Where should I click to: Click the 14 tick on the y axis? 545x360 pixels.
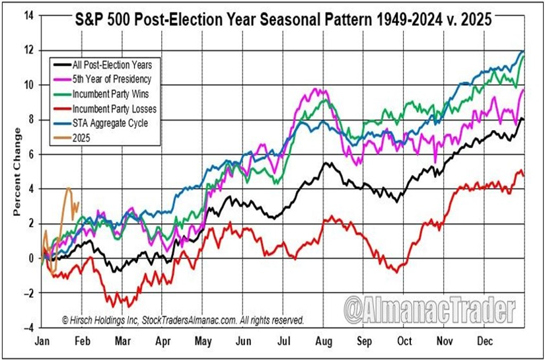[x=28, y=15]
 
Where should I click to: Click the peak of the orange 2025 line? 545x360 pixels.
[x=69, y=188]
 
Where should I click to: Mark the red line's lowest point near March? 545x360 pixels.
[x=127, y=306]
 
